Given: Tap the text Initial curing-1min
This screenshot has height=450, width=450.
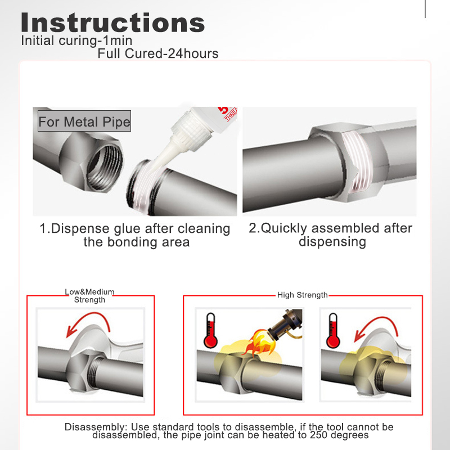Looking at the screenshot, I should [x=76, y=41].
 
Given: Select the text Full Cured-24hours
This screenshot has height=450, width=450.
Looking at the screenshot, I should [x=158, y=54].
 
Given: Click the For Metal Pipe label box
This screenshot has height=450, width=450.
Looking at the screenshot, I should [x=84, y=122].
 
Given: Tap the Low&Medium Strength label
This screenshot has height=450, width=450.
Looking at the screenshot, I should [x=89, y=296].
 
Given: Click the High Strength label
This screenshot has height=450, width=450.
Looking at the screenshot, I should [x=302, y=295].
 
